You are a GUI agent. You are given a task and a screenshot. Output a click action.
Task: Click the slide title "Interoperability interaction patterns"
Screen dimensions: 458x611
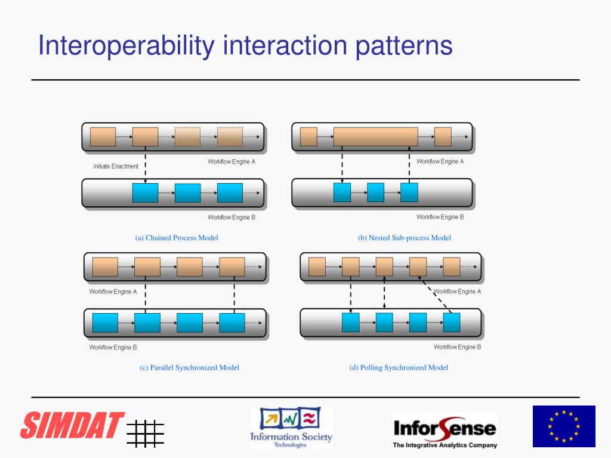(x=245, y=46)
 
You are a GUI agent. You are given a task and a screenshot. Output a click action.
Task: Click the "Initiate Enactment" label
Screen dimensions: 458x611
(x=116, y=166)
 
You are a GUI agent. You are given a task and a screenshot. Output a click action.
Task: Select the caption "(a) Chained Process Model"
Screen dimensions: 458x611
(x=177, y=238)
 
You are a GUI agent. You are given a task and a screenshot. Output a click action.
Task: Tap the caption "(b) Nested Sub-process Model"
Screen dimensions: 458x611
(x=405, y=238)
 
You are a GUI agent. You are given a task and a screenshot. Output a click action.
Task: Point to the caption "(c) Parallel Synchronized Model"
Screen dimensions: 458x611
(x=190, y=368)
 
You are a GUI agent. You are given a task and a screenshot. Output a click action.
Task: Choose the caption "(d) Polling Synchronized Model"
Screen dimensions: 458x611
(x=399, y=368)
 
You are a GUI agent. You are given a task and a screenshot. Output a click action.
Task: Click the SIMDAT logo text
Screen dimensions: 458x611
(x=72, y=425)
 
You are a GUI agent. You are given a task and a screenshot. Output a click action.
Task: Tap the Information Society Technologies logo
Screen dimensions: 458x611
(x=291, y=427)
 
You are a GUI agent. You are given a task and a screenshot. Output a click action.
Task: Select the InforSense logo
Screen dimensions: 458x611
(x=445, y=430)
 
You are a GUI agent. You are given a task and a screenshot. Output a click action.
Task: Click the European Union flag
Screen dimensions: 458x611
(x=564, y=426)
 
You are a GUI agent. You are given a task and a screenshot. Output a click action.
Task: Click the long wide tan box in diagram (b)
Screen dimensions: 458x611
(x=375, y=137)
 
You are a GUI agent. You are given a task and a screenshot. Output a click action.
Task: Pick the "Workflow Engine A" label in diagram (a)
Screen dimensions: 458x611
(x=232, y=162)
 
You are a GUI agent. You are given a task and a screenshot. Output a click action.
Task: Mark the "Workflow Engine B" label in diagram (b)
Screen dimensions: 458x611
(x=440, y=217)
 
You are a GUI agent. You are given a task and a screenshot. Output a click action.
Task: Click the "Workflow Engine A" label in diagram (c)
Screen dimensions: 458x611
(x=113, y=292)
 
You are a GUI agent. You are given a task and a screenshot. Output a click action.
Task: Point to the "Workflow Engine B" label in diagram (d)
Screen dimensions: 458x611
(x=458, y=347)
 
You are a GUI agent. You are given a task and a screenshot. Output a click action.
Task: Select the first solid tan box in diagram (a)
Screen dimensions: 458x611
(x=103, y=137)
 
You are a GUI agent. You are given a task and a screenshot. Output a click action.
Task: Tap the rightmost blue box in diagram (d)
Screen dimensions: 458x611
(x=452, y=322)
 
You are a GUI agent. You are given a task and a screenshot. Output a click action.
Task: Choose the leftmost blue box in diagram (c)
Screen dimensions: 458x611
(x=105, y=323)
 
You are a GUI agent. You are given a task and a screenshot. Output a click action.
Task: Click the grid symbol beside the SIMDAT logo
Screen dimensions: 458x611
(x=145, y=433)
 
